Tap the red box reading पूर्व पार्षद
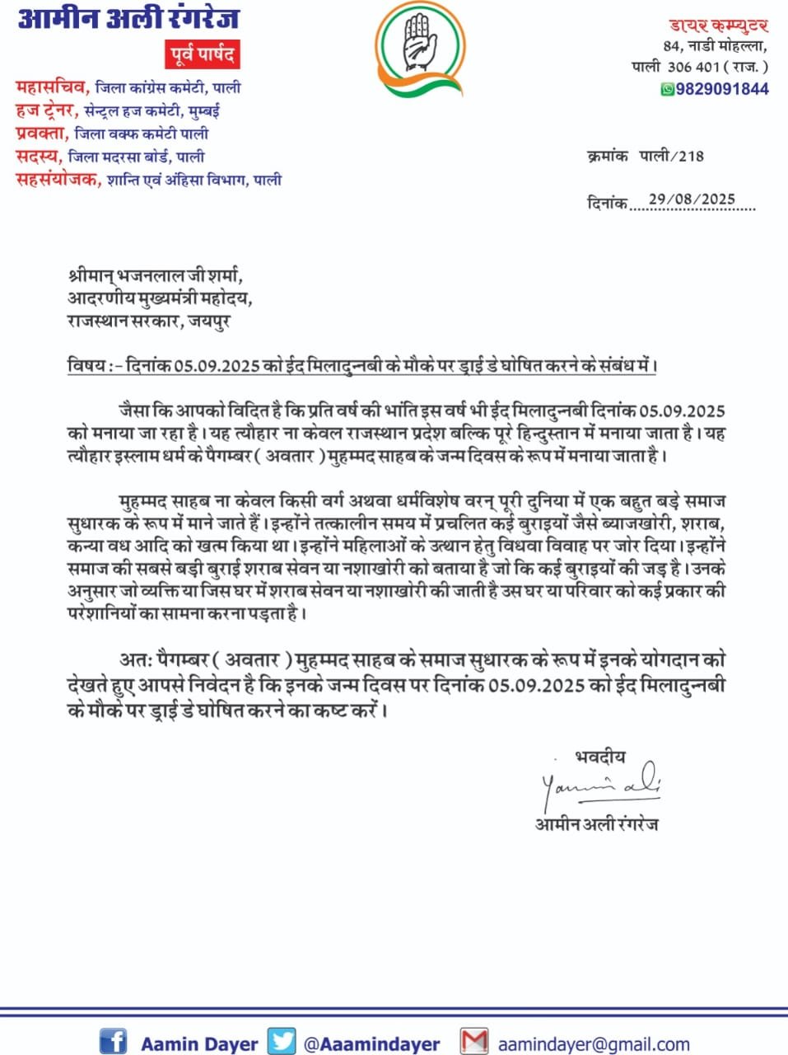click(x=203, y=55)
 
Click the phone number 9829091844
click(x=722, y=89)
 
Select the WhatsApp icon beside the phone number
click(x=668, y=89)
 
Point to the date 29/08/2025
click(x=692, y=199)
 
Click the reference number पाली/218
click(x=672, y=155)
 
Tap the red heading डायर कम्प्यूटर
click(x=718, y=26)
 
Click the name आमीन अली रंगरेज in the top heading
click(x=128, y=18)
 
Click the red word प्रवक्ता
click(x=40, y=133)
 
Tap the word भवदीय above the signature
click(x=599, y=756)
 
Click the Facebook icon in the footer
click(x=113, y=1041)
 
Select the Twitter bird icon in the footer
click(x=282, y=1041)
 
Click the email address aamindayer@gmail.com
click(x=594, y=1044)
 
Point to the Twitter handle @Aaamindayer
click(x=371, y=1044)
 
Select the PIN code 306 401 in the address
click(x=693, y=66)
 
